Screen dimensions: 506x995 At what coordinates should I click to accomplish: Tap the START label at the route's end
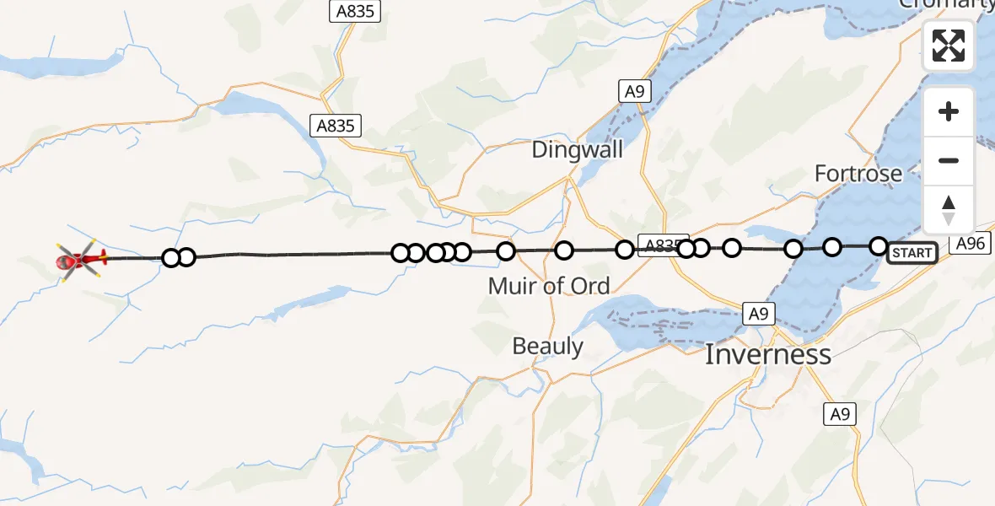point(912,253)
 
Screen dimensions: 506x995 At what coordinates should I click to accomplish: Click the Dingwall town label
point(578,150)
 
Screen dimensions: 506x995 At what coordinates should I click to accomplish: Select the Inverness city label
point(767,354)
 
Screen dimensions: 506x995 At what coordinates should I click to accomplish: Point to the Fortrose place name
point(858,174)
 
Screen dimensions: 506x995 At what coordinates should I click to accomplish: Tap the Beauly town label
point(548,346)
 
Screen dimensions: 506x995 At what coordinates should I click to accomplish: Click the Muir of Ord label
point(549,286)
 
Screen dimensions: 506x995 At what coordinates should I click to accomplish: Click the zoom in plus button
point(949,111)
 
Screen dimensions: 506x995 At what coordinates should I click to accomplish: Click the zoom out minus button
point(949,160)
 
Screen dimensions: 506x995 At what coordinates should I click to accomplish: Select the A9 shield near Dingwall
point(634,91)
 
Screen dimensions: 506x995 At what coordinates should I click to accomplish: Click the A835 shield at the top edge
point(355,11)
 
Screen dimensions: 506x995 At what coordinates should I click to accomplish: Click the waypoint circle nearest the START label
point(879,246)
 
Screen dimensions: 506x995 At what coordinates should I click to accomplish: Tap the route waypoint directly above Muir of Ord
point(564,250)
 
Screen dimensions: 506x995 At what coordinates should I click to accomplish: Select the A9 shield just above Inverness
point(758,314)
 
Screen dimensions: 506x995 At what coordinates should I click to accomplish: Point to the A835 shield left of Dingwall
point(336,126)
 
